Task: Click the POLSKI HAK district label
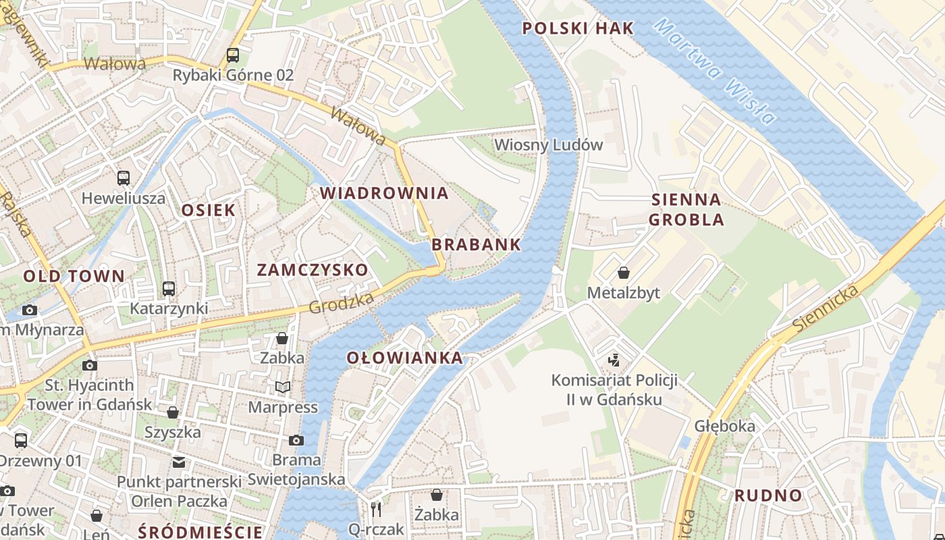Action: (x=578, y=28)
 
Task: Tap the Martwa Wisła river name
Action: (x=715, y=71)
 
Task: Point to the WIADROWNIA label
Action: (x=384, y=193)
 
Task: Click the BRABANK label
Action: (x=476, y=244)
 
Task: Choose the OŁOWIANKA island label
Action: (x=405, y=358)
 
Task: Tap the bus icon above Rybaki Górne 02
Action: (x=233, y=55)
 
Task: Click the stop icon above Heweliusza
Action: (x=124, y=178)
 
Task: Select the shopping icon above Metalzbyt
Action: (x=624, y=273)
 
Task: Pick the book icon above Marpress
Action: (x=283, y=387)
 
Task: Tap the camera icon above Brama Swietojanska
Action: (x=296, y=440)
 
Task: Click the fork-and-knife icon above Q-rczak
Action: (x=376, y=508)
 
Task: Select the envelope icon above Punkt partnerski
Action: (x=178, y=462)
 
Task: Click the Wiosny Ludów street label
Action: (x=548, y=145)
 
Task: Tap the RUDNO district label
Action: (x=768, y=495)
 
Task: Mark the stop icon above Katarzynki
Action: (x=169, y=289)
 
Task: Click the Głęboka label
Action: (x=725, y=427)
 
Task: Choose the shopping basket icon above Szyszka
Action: (x=173, y=412)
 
